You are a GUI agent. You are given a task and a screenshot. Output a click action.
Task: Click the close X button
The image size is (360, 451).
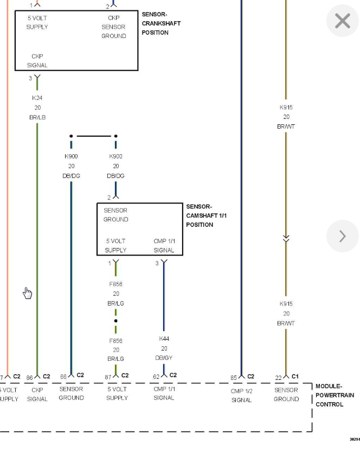tap(343, 21)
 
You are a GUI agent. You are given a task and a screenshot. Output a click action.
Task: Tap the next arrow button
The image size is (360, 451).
tap(343, 236)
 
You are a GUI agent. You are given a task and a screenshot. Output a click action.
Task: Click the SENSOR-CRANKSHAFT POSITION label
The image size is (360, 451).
tap(161, 23)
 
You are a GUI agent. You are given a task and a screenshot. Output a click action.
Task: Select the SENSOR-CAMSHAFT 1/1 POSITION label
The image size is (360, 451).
tap(206, 215)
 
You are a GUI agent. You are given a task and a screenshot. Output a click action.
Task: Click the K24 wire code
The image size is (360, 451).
tap(37, 98)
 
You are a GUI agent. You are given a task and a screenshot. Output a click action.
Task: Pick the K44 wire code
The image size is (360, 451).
tap(164, 339)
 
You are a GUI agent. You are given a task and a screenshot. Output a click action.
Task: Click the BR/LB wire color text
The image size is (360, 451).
tap(37, 117)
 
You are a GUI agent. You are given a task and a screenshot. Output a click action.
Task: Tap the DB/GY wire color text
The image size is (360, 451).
tap(164, 358)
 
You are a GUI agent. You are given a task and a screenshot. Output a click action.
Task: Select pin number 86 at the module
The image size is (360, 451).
tap(30, 377)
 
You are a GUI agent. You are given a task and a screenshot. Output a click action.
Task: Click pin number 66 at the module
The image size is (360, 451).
tap(63, 376)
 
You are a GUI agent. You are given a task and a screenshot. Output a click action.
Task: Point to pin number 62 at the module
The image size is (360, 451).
tap(156, 376)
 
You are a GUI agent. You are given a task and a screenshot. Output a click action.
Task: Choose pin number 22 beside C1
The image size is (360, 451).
tap(278, 377)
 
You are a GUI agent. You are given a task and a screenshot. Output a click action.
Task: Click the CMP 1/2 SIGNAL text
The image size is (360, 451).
tap(242, 395)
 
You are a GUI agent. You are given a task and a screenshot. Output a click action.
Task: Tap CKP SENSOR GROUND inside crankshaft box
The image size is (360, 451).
tap(113, 27)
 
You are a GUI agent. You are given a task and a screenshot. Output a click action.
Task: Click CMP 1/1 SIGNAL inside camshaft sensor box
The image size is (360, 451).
tap(164, 245)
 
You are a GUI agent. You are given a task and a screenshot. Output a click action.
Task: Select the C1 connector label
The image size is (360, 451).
tap(295, 376)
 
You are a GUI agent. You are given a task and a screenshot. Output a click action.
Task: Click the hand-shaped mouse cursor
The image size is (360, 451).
tap(28, 294)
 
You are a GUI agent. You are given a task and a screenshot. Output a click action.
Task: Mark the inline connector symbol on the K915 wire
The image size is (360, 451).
tap(286, 238)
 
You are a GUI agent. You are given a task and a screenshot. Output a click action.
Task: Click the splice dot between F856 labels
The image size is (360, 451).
tap(115, 321)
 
